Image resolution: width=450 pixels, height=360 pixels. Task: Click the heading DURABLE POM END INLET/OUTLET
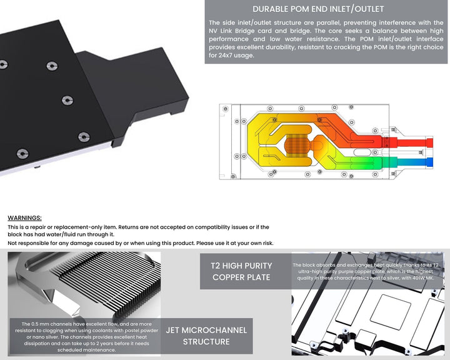(x=318, y=9)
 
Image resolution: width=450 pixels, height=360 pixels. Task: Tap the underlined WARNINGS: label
(x=24, y=217)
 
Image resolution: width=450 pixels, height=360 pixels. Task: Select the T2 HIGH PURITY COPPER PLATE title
(x=241, y=271)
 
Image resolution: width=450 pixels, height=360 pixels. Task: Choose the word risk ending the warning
(x=266, y=242)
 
